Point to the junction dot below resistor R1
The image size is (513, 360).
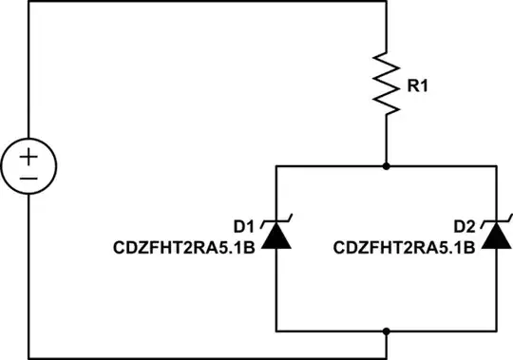point(386,165)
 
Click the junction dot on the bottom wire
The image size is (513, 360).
point(386,331)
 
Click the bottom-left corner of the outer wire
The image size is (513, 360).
point(28,357)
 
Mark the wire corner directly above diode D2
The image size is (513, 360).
point(495,165)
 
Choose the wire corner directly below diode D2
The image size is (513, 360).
point(495,331)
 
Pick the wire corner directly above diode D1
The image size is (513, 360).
point(275,165)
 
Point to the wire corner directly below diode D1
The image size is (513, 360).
point(275,331)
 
